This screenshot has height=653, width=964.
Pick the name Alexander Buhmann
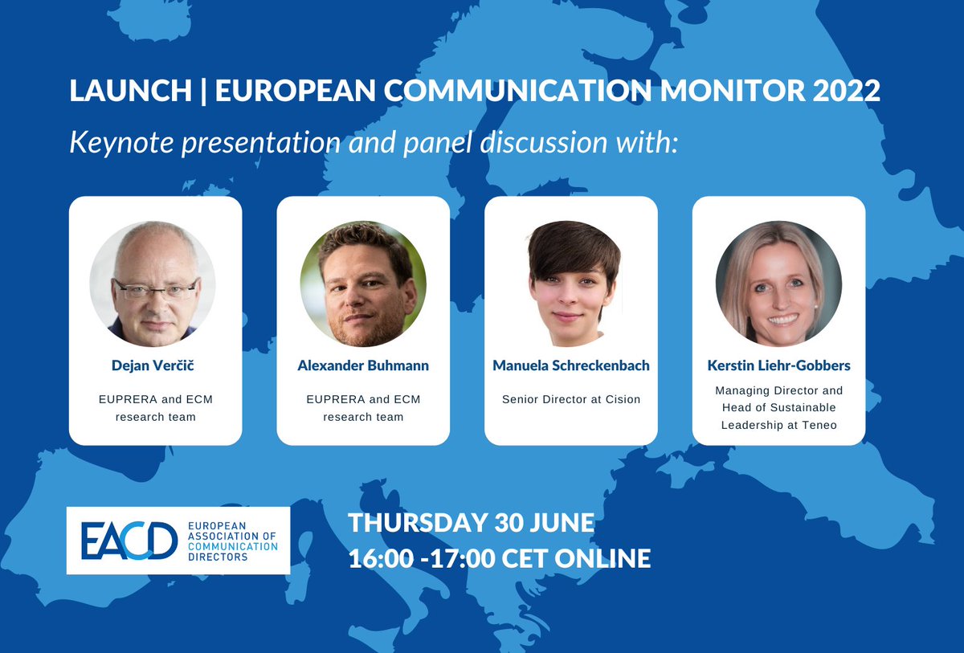point(363,365)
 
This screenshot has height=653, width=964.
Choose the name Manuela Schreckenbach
point(571,365)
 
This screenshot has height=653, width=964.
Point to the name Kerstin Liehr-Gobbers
point(778,365)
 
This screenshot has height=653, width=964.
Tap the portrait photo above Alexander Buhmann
point(363,283)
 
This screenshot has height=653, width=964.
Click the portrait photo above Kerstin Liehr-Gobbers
point(778,283)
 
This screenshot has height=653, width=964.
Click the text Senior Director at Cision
point(571,399)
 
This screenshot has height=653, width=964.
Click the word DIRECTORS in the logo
point(218,557)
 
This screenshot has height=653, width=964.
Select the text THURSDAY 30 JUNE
point(471,524)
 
